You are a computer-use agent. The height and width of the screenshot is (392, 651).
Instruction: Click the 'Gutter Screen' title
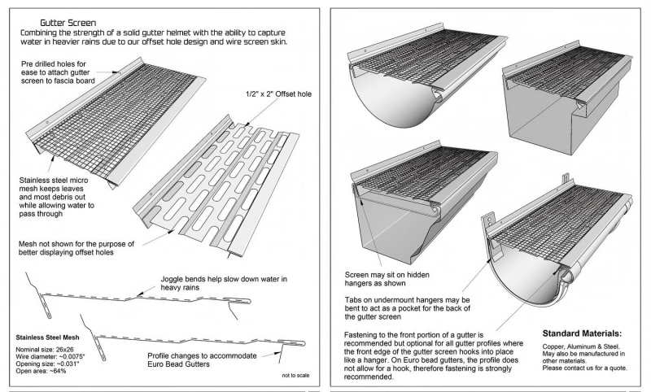pyautogui.click(x=68, y=23)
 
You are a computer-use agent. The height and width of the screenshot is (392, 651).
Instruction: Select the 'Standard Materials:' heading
pyautogui.click(x=582, y=333)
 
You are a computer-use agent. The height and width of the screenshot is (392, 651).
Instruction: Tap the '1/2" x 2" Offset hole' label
pyautogui.click(x=278, y=94)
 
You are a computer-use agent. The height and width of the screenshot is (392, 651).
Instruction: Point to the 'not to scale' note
pyautogui.click(x=295, y=376)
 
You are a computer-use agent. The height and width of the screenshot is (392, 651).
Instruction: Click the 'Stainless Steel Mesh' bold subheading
pyautogui.click(x=47, y=338)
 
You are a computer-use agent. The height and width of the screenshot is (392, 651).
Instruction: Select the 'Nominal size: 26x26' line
pyautogui.click(x=39, y=350)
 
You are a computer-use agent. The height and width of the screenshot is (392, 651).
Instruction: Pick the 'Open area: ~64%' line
pyautogui.click(x=41, y=371)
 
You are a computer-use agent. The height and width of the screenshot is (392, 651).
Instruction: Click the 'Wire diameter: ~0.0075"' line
pyautogui.click(x=50, y=357)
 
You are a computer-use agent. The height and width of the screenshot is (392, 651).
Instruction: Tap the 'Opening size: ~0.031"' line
pyautogui.click(x=47, y=364)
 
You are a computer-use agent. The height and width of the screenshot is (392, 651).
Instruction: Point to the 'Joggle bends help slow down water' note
pyautogui.click(x=224, y=283)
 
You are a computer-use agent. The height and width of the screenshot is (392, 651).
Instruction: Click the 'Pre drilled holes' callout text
pyautogui.click(x=58, y=72)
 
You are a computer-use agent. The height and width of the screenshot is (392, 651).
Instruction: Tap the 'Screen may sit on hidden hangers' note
pyautogui.click(x=387, y=279)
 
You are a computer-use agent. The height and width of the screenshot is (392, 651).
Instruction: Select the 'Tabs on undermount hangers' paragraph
pyautogui.click(x=408, y=308)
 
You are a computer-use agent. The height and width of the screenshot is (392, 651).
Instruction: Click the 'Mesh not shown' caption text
pyautogui.click(x=76, y=248)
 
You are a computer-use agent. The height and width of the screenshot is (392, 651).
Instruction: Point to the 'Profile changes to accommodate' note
pyautogui.click(x=202, y=360)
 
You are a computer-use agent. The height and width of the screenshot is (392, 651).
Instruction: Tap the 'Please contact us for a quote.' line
pyautogui.click(x=584, y=368)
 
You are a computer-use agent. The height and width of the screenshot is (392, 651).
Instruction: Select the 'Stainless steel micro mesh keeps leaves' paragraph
pyautogui.click(x=56, y=197)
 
